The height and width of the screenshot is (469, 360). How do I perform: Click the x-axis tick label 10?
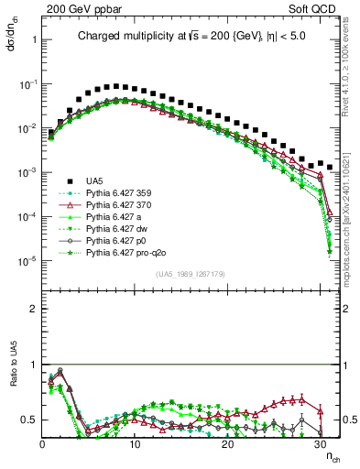click(135, 444)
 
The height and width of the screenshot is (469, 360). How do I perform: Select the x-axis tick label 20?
click(227, 444)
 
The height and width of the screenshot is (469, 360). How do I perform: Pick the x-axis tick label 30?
click(320, 444)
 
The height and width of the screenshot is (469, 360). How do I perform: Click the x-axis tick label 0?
click(42, 444)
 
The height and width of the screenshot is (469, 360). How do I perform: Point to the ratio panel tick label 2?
click(33, 309)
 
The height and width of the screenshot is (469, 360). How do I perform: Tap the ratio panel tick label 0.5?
click(29, 420)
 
